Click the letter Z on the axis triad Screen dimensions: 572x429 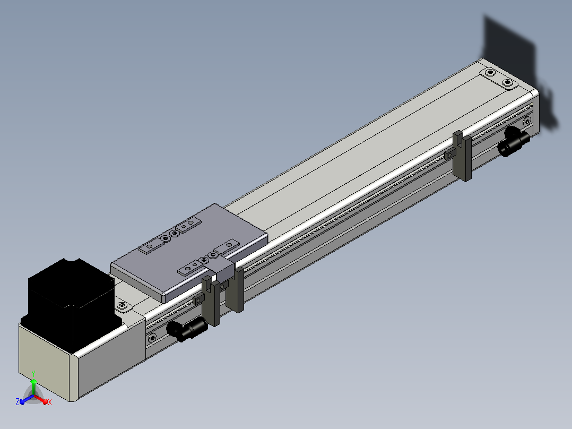(x=18, y=401)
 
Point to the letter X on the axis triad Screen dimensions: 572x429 (x=50, y=402)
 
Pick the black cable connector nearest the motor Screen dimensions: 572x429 (x=186, y=329)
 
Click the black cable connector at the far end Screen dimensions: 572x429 (x=514, y=142)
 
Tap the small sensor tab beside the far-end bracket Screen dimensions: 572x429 (x=450, y=154)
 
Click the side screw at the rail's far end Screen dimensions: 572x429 (x=527, y=121)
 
